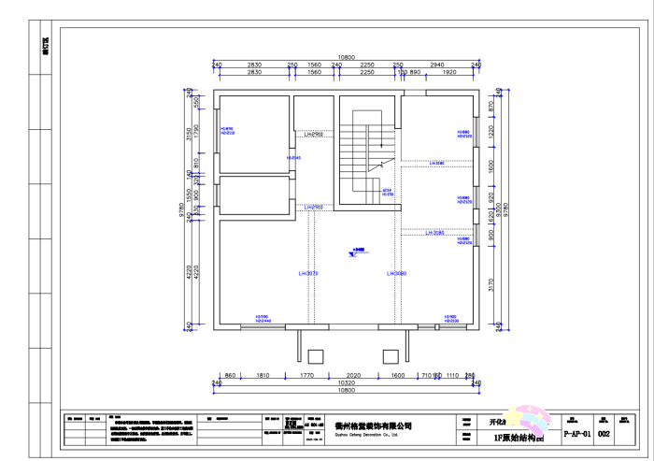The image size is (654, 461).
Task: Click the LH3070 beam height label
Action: click(308, 273)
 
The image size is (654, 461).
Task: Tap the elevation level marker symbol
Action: click(357, 251)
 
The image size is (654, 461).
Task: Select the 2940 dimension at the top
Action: click(437, 65)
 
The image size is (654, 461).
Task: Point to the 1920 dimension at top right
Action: click(448, 72)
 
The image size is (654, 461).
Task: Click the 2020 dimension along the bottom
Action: click(353, 374)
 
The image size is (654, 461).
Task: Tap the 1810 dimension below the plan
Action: click(263, 374)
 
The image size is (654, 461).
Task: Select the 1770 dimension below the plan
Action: click(306, 374)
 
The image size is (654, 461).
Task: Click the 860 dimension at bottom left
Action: click(231, 374)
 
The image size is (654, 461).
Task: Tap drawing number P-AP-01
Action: click(577, 434)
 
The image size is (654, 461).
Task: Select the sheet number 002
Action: click(604, 434)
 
